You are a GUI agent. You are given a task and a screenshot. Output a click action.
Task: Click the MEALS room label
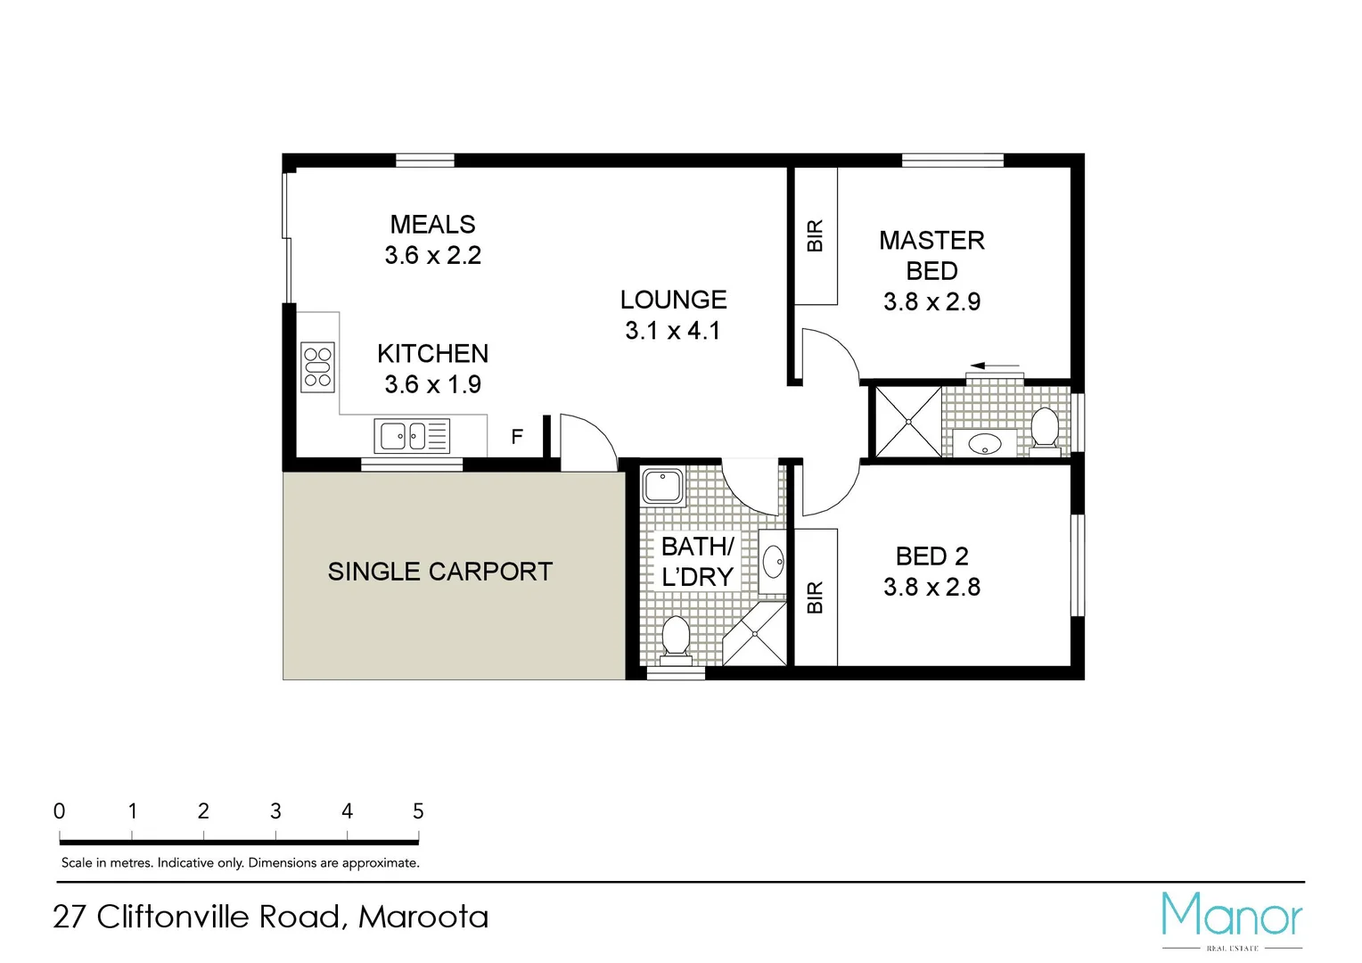[432, 225]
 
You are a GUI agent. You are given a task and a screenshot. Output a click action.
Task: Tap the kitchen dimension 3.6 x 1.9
[432, 384]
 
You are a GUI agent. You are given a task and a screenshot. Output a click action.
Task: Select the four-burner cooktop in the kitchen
[317, 367]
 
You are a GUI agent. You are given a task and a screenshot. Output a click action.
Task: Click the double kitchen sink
[411, 436]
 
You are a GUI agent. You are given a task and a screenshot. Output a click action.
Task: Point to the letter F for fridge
[517, 437]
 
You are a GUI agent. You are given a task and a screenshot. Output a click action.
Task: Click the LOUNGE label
[673, 300]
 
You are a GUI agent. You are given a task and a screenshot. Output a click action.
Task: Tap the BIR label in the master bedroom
[815, 236]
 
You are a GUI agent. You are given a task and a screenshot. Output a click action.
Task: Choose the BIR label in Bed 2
[815, 597]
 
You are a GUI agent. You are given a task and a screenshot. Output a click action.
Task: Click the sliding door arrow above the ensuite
[995, 366]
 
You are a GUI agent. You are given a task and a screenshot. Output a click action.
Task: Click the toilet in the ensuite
[1044, 426]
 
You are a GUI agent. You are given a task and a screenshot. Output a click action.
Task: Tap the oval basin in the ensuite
[984, 443]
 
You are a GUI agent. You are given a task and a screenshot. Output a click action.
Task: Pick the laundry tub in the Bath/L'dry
[662, 487]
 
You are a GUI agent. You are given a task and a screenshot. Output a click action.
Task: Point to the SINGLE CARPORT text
[439, 572]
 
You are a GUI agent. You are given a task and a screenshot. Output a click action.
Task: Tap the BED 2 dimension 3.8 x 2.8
[931, 588]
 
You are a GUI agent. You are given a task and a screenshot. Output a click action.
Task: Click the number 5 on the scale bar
[418, 811]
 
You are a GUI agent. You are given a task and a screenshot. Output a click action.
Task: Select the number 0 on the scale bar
[60, 811]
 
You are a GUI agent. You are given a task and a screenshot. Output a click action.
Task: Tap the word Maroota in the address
[423, 917]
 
